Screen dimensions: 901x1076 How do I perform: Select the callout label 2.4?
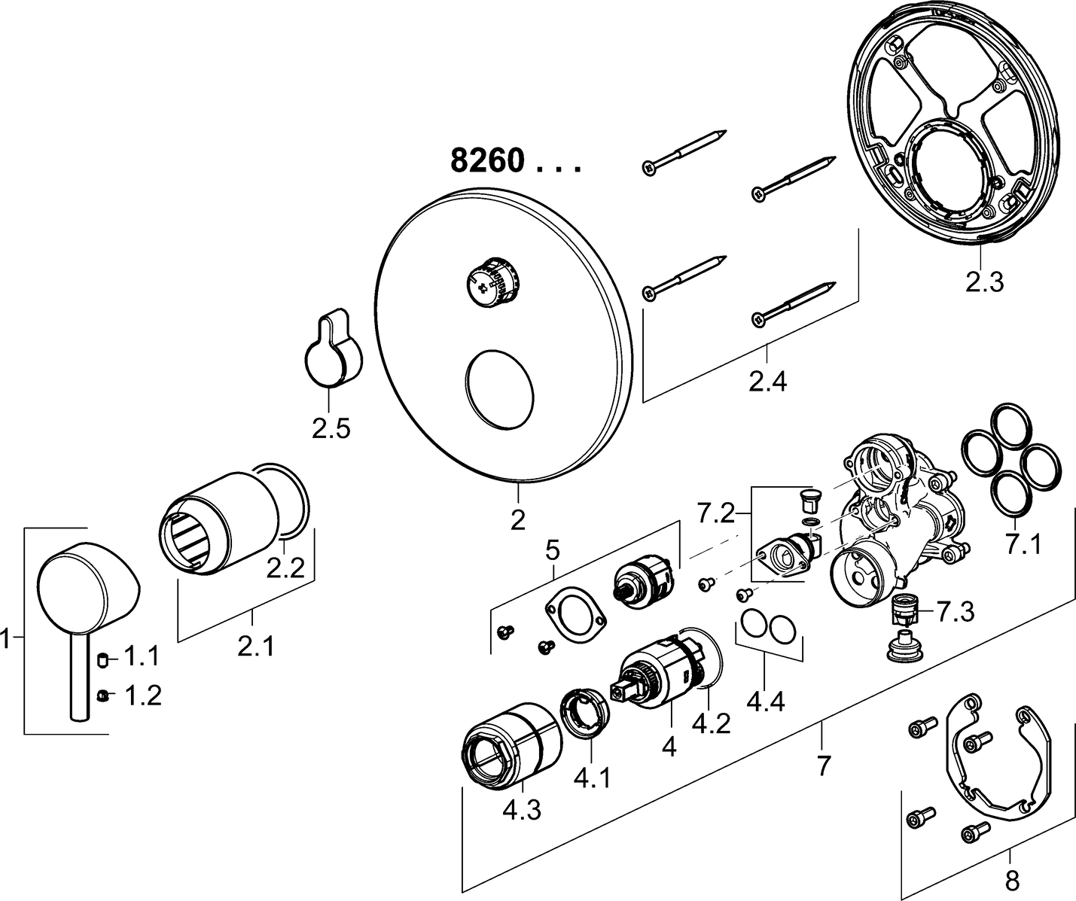pos(767,382)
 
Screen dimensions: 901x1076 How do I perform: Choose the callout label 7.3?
pos(955,612)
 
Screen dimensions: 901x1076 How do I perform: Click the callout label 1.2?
pos(142,696)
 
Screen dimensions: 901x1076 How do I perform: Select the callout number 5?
pos(553,551)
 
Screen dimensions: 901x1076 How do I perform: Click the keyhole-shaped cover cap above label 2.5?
pos(332,350)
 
